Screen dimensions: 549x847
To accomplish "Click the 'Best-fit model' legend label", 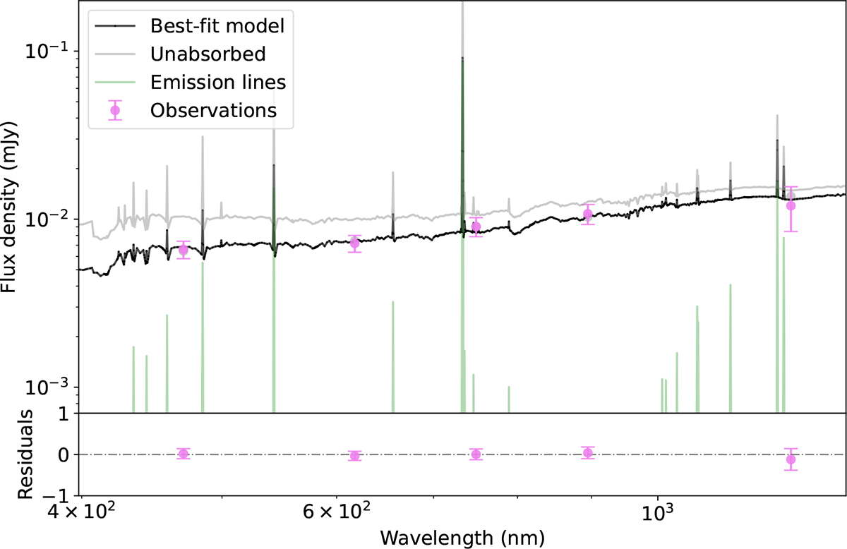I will click(x=217, y=26).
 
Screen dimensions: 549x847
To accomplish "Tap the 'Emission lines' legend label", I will click(x=217, y=82).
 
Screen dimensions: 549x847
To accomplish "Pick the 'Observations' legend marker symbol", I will click(x=115, y=110).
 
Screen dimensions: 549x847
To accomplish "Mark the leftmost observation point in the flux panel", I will click(x=184, y=250).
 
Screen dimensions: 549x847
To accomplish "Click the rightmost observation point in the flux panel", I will click(x=791, y=205).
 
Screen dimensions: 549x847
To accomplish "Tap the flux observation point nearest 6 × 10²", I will click(x=355, y=243).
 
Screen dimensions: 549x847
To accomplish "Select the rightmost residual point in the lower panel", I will click(x=791, y=459).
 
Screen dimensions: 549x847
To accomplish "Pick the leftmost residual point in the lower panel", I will click(x=184, y=454).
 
